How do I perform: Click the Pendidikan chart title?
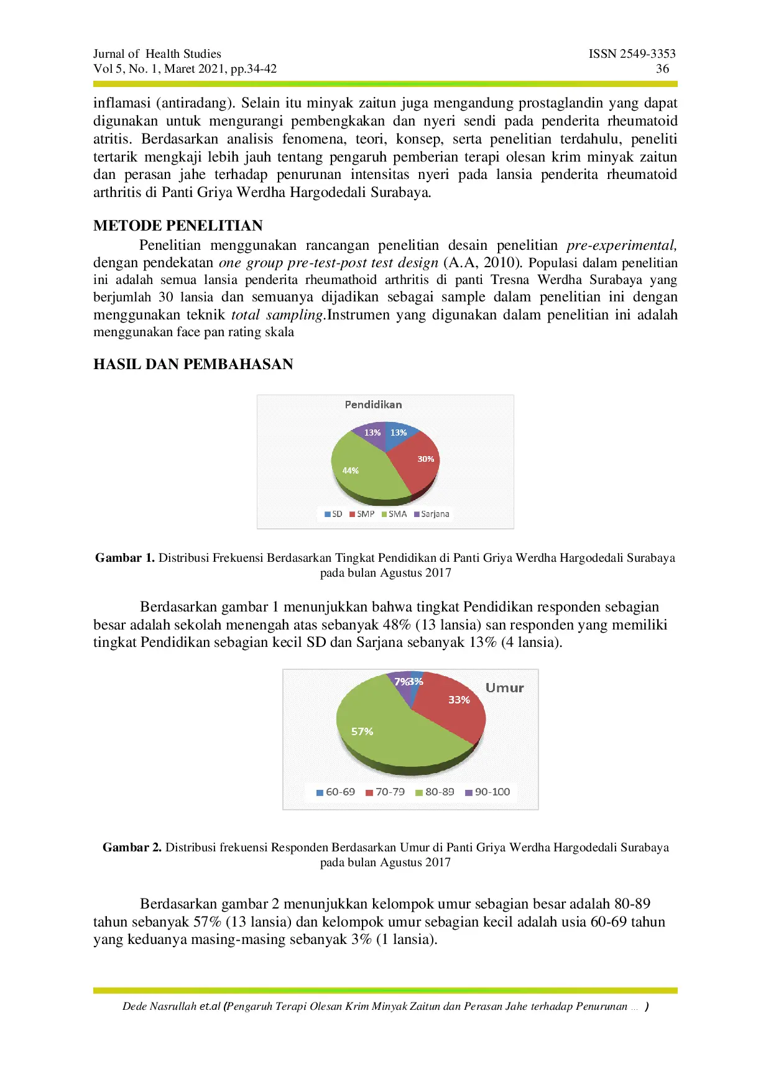pyautogui.click(x=373, y=405)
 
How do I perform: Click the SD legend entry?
pyautogui.click(x=334, y=514)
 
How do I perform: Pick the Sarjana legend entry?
pyautogui.click(x=432, y=514)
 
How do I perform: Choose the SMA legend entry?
pyautogui.click(x=394, y=514)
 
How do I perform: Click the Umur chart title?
pyautogui.click(x=504, y=688)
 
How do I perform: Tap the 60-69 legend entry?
pyautogui.click(x=336, y=792)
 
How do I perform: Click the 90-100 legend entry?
pyautogui.click(x=488, y=792)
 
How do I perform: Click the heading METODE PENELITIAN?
pyautogui.click(x=178, y=226)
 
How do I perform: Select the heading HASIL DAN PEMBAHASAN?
pyautogui.click(x=193, y=364)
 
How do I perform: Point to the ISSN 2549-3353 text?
pyautogui.click(x=632, y=54)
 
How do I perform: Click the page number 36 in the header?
pyautogui.click(x=663, y=69)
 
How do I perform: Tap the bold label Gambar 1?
pyautogui.click(x=124, y=558)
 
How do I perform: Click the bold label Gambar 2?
pyautogui.click(x=132, y=848)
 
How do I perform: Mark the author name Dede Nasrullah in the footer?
pyautogui.click(x=159, y=1007)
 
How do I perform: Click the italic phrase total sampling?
pyautogui.click(x=277, y=315)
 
